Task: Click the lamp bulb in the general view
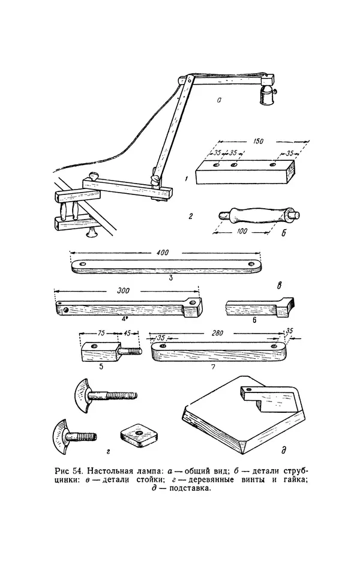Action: (x=265, y=95)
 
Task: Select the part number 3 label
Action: (x=171, y=278)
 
